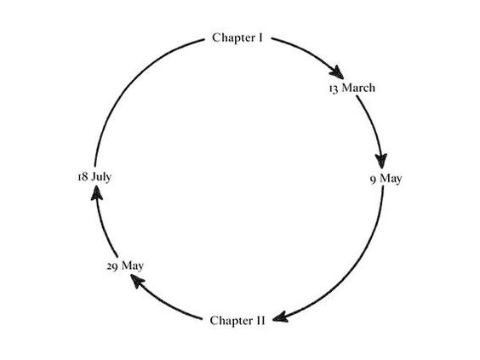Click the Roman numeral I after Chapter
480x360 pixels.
point(260,37)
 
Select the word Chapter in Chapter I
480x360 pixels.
point(234,38)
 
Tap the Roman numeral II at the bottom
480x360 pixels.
point(260,321)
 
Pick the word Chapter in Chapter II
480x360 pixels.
point(231,321)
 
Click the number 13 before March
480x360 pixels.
point(334,89)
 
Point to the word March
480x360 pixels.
point(358,88)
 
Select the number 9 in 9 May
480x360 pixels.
point(373,180)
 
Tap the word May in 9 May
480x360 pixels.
point(391,179)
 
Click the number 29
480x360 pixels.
point(112,266)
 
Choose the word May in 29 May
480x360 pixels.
point(133,266)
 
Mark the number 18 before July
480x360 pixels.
point(83,177)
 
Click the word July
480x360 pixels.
point(101,177)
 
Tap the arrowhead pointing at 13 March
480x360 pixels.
point(337,72)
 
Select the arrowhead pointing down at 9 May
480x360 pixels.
point(381,160)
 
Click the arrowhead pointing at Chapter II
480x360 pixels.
point(280,317)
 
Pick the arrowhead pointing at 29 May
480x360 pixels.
point(137,281)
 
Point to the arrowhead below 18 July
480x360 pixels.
point(97,193)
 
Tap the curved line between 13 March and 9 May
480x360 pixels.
point(373,125)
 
